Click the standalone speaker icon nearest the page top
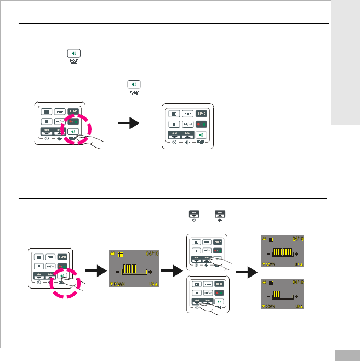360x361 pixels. tap(74, 54)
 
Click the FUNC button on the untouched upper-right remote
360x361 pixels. tap(203, 114)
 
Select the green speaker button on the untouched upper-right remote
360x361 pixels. tap(203, 135)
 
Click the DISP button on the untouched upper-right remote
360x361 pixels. tap(188, 114)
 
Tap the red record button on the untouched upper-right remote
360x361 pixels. tap(203, 124)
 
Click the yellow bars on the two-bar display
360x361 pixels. tap(277, 295)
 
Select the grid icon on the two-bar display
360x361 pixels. tap(271, 282)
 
